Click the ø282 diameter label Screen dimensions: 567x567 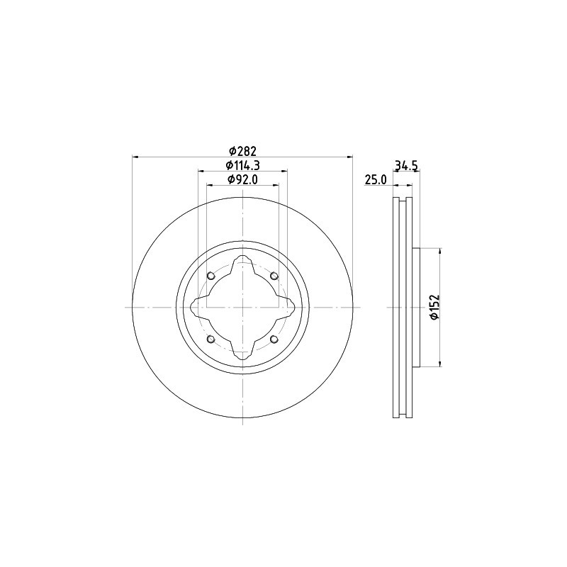click(x=242, y=150)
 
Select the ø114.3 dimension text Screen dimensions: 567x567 click(x=242, y=165)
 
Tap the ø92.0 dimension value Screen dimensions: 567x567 click(x=242, y=179)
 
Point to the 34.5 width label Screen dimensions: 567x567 click(x=406, y=166)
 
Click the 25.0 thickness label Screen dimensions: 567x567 click(x=376, y=180)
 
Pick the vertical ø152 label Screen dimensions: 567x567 click(x=434, y=307)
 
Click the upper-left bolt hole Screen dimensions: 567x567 click(x=211, y=276)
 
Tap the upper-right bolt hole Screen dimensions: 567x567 click(x=274, y=276)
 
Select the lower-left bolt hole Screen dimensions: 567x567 click(x=211, y=339)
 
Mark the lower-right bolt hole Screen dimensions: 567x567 click(x=274, y=339)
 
